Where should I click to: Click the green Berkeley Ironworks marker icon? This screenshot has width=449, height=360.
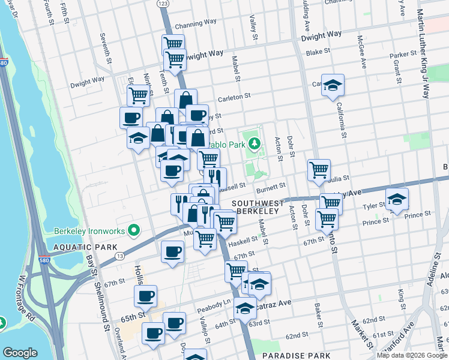[136, 230]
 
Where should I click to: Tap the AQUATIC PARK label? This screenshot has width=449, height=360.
[76, 247]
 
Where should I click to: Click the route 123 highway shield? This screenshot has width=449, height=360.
[162, 4]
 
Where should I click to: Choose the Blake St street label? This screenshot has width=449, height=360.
[315, 53]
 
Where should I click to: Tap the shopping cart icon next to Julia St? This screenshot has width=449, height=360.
[319, 169]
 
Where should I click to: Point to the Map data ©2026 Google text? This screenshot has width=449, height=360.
[411, 355]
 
